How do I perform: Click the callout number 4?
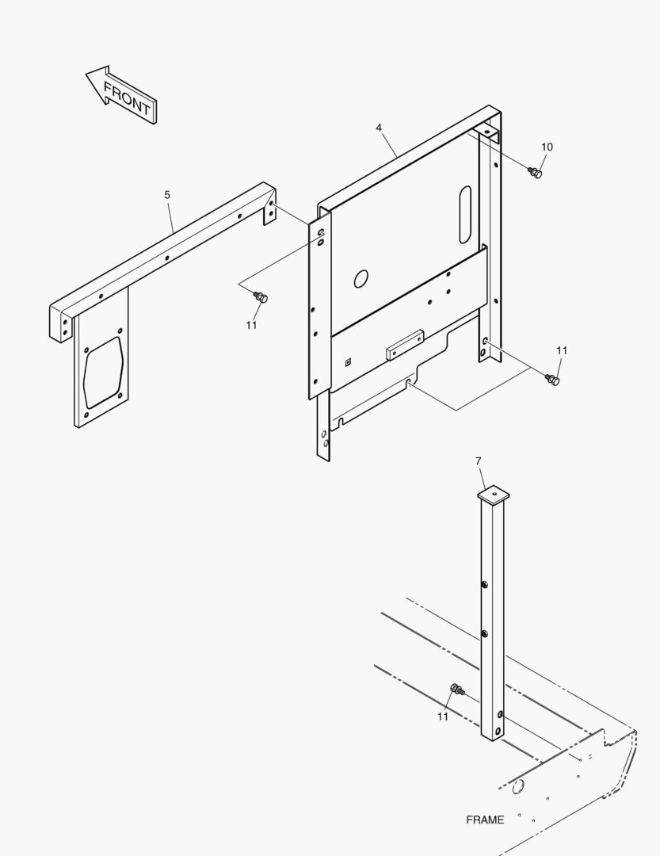coord(379,128)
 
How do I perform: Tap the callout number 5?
coord(167,194)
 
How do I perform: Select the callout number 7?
coord(479,461)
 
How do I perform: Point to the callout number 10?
coord(547,147)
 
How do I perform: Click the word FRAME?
coord(485,820)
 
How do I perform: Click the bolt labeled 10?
coord(535,173)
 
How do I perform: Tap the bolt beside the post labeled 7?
coord(457,690)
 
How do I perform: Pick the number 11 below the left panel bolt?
coord(251,325)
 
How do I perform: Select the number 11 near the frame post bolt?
coord(443,717)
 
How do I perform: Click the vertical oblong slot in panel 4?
coord(464,215)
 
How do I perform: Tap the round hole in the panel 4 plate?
coord(361,279)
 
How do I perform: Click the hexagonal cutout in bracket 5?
coord(103,373)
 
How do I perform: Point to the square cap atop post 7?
coord(493,495)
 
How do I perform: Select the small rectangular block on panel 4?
coord(405,344)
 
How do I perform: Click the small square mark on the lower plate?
coord(348,361)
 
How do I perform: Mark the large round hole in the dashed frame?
coord(518,787)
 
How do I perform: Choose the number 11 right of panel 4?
coord(562,350)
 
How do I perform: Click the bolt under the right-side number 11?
coord(552,380)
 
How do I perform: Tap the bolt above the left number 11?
coord(261,297)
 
